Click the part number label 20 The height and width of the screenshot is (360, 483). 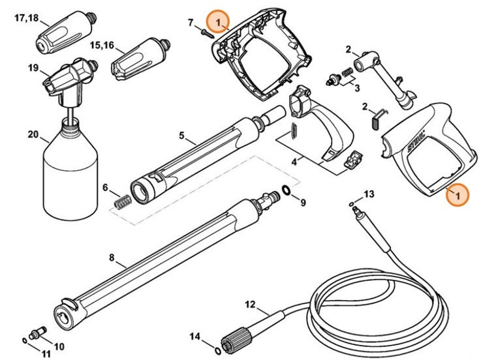[x=33, y=136]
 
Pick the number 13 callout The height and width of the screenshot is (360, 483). [x=369, y=194]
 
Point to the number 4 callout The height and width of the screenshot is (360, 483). [x=294, y=159]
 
